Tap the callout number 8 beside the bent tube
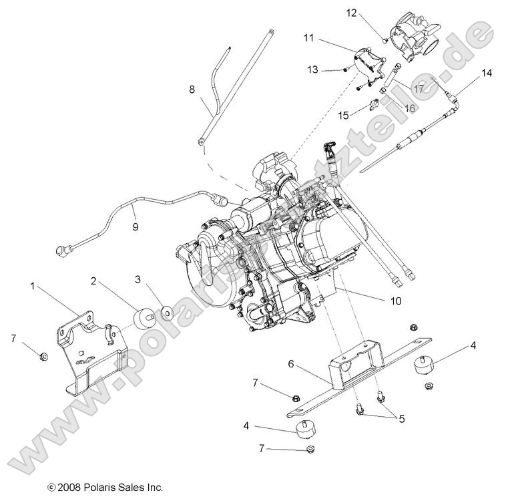click(x=192, y=88)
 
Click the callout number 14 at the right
click(x=485, y=73)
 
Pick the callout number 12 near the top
click(x=369, y=12)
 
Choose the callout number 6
click(x=291, y=364)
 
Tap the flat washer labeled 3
click(x=164, y=312)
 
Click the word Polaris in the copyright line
click(x=104, y=488)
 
